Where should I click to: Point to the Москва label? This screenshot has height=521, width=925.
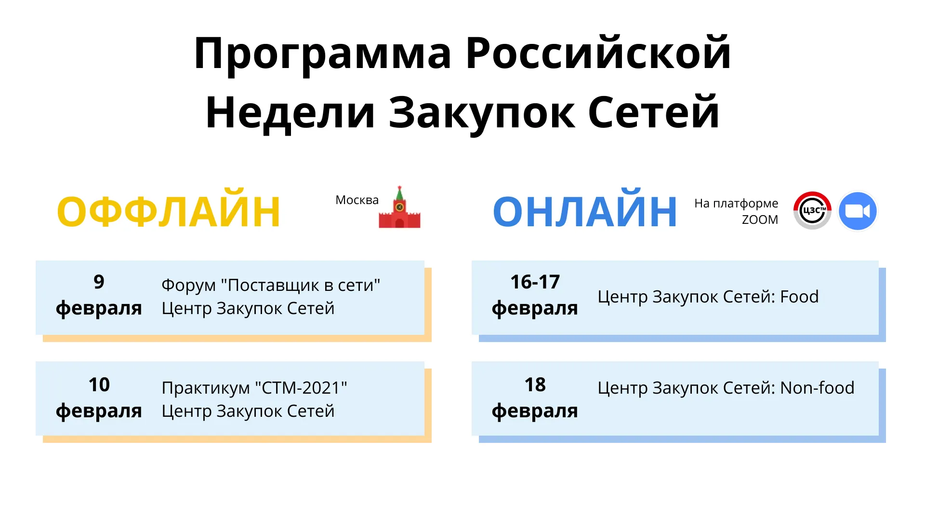click(357, 200)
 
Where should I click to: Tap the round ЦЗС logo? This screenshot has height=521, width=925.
click(812, 211)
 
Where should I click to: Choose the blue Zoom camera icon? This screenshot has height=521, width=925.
click(858, 211)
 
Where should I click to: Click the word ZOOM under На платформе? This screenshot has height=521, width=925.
click(760, 219)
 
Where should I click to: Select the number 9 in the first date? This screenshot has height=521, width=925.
click(99, 282)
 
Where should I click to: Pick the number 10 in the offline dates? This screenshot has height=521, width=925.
click(99, 385)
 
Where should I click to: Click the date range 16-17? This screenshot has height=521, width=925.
click(535, 282)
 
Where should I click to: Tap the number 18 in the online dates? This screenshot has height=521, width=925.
click(535, 385)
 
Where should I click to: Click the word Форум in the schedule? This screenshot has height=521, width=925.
click(188, 286)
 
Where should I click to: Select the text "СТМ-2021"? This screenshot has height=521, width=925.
click(301, 388)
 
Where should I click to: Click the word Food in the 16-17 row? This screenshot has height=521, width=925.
click(799, 297)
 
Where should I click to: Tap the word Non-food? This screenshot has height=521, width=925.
click(817, 388)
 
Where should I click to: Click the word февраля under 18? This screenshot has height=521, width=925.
click(535, 411)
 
